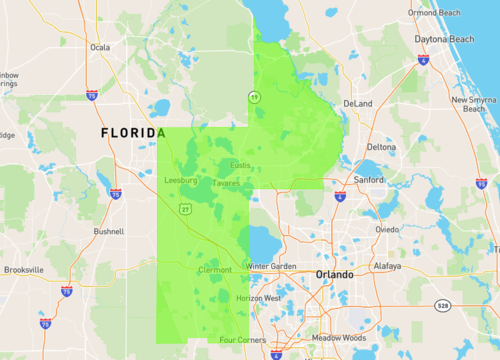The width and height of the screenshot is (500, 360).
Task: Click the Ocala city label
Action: tap(99, 46)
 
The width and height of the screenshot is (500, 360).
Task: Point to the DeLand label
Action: tap(357, 103)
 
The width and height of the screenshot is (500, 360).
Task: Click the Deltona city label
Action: tap(381, 147)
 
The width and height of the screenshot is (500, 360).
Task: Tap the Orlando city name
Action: tap(334, 274)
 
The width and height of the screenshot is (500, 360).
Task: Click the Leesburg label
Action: tap(181, 181)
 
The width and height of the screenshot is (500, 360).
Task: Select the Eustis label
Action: tap(240, 165)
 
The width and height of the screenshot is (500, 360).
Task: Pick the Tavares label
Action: tap(226, 183)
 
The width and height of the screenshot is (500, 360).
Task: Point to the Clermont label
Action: tap(214, 270)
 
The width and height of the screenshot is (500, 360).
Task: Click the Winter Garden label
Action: tap(272, 267)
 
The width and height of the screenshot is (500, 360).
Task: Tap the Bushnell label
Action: tap(108, 231)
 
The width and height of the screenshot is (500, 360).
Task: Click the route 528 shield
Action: tap(442, 305)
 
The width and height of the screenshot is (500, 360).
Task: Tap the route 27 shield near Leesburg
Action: tap(186, 209)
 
